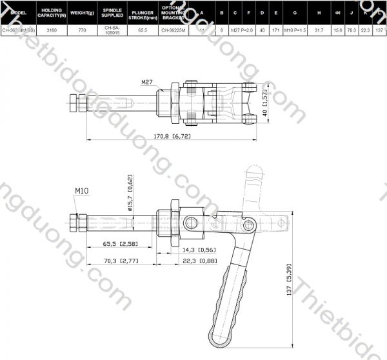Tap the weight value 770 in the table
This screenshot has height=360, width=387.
(x=82, y=30)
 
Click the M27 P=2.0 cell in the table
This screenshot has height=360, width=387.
(x=242, y=30)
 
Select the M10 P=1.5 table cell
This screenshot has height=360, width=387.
(x=295, y=30)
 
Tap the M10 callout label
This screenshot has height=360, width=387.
(x=81, y=191)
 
